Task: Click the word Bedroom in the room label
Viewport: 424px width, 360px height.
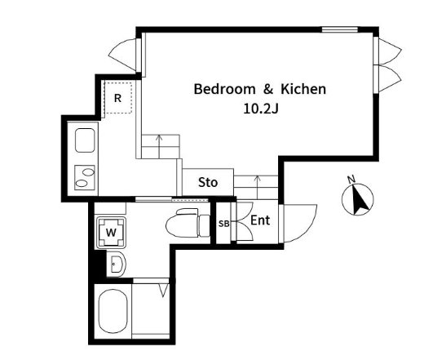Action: tap(224, 89)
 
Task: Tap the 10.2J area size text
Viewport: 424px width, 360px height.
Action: tap(261, 109)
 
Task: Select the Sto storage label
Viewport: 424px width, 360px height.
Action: tap(208, 182)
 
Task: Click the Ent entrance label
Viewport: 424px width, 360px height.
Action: tap(260, 220)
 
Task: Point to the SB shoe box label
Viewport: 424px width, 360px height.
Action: tap(223, 224)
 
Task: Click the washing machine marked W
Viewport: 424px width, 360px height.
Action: tap(111, 233)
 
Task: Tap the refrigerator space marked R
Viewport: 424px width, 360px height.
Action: tap(118, 98)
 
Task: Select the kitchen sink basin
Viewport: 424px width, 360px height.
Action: tap(85, 140)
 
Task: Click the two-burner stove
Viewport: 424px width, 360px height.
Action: tap(85, 177)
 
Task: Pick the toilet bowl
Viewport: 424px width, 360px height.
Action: tap(188, 223)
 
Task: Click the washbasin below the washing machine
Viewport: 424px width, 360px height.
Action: tap(116, 264)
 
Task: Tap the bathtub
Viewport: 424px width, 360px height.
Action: tap(113, 311)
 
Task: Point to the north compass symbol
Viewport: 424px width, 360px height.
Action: tap(357, 198)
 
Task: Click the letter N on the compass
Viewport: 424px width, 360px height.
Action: tap(351, 180)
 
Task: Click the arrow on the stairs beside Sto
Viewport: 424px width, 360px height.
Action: tap(258, 187)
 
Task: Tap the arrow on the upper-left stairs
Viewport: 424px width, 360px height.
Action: tap(159, 146)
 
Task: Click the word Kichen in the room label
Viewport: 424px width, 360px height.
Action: tap(303, 89)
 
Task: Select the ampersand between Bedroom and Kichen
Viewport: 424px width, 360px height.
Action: tap(268, 89)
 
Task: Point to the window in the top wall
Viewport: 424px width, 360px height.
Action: tap(339, 29)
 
